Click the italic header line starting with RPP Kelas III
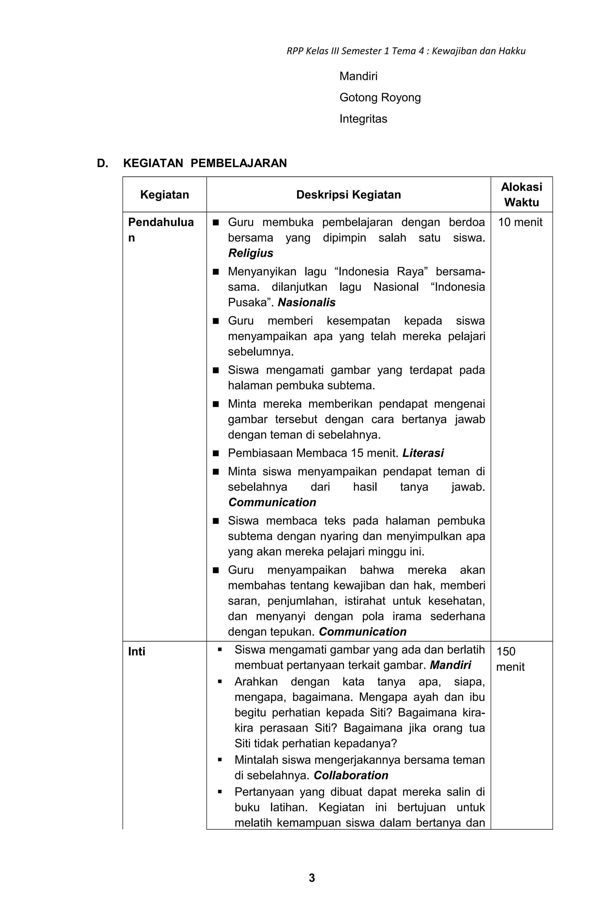point(406,51)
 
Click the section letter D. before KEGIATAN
point(102,163)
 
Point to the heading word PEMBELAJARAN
point(238,163)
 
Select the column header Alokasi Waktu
point(521,195)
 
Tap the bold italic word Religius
point(251,253)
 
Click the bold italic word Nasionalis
point(306,302)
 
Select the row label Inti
point(136,651)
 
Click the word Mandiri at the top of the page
point(358,76)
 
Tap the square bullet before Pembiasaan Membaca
point(216,453)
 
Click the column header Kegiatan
point(164,195)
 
